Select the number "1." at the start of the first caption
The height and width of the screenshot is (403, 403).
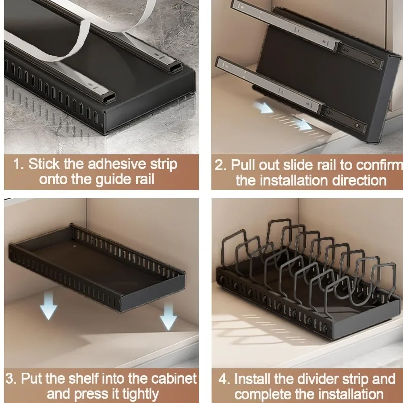pyautogui.click(x=19, y=165)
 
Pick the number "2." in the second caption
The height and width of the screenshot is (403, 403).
pyautogui.click(x=221, y=165)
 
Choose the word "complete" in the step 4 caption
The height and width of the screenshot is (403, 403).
pyautogui.click(x=264, y=394)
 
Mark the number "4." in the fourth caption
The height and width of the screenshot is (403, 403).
pyautogui.click(x=224, y=379)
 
